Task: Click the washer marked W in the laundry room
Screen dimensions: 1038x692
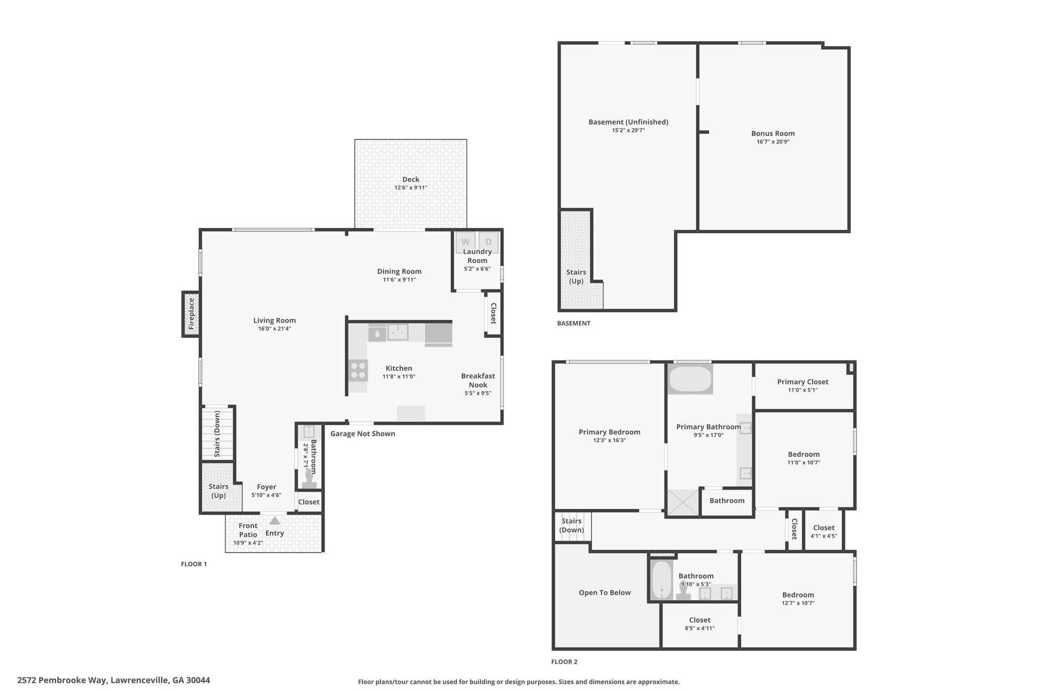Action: (465, 242)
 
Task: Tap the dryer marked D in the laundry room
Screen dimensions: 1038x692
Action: (489, 242)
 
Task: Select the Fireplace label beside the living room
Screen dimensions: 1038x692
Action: (191, 314)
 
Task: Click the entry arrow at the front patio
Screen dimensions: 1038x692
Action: (274, 521)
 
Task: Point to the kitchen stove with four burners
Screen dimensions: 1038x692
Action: (358, 370)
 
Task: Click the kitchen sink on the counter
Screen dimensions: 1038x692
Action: (398, 333)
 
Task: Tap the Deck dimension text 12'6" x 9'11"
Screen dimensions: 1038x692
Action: (411, 188)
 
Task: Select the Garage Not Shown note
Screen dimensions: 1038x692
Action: (362, 434)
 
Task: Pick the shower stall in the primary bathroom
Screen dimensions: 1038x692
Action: (683, 502)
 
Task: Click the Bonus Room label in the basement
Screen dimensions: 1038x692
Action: (773, 134)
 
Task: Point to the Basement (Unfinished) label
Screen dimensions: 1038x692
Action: (628, 122)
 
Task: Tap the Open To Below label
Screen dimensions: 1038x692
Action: (605, 593)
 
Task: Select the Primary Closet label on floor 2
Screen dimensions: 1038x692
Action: (803, 382)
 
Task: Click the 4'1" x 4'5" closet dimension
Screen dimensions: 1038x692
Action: (824, 536)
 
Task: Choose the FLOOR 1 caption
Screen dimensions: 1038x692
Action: (194, 564)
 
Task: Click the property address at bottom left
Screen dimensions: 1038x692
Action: (114, 680)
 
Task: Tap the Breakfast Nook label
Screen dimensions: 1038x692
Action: (478, 380)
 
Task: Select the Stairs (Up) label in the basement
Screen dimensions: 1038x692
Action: (576, 277)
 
